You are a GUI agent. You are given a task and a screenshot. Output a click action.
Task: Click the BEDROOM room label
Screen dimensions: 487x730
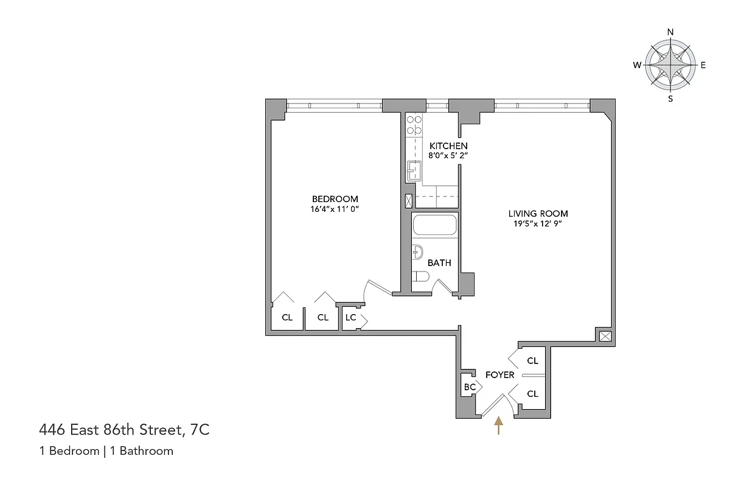click(335, 199)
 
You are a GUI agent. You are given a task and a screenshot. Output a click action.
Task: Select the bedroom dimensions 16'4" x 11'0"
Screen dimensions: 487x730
click(335, 209)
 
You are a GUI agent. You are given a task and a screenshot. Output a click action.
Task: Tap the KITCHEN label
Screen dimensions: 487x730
click(448, 146)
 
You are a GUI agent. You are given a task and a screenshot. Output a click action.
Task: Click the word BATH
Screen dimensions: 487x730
click(439, 263)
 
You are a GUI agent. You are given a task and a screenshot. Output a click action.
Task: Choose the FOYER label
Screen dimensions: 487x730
click(499, 375)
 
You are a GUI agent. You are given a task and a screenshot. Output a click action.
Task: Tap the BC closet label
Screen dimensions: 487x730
click(470, 387)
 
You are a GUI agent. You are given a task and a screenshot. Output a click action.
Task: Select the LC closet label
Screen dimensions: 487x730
click(350, 317)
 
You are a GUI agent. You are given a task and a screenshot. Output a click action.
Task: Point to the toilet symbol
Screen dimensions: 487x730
click(421, 278)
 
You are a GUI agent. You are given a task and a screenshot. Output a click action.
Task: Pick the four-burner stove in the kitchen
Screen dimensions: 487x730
click(414, 125)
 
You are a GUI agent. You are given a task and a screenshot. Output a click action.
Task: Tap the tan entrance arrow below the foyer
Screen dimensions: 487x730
click(499, 425)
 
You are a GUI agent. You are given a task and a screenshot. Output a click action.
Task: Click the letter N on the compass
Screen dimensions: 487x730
click(670, 32)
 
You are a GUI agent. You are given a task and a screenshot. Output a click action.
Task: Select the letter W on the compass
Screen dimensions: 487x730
click(636, 65)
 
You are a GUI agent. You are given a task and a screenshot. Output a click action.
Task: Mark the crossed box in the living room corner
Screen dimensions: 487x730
click(605, 335)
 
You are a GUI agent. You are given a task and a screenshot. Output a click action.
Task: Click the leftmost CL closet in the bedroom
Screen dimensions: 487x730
click(287, 317)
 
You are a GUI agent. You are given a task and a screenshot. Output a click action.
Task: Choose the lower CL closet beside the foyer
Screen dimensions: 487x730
click(532, 394)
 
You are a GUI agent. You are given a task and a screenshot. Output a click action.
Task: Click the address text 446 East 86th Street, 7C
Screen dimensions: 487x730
click(124, 431)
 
